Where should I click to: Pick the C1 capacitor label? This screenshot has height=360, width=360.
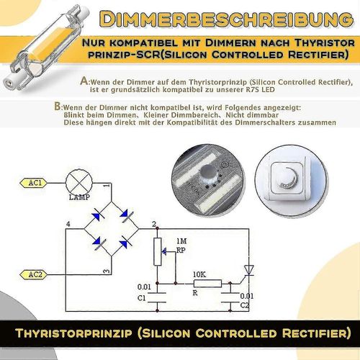pyautogui.click(x=141, y=297)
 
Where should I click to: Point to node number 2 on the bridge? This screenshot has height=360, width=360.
pyautogui.click(x=153, y=226)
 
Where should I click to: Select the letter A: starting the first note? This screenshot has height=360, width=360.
pyautogui.click(x=86, y=81)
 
